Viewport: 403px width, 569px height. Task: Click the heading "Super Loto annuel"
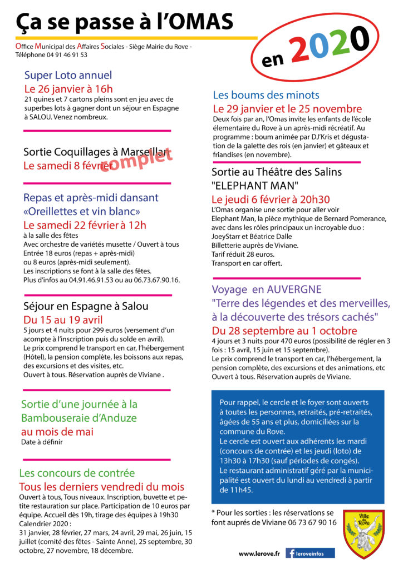pyautogui.click(x=68, y=76)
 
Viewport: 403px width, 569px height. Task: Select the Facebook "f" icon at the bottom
pyautogui.click(x=291, y=553)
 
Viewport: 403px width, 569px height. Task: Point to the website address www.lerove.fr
pyautogui.click(x=259, y=553)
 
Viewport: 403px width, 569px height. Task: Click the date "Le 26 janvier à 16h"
pyautogui.click(x=68, y=89)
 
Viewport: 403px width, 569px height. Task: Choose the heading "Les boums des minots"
pyautogui.click(x=266, y=95)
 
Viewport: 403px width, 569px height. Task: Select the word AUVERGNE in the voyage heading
pyautogui.click(x=295, y=290)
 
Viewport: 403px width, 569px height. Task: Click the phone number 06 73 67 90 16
pyautogui.click(x=309, y=522)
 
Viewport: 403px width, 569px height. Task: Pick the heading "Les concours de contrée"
pyautogui.click(x=77, y=473)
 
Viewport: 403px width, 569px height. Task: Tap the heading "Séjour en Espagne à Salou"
pyautogui.click(x=86, y=306)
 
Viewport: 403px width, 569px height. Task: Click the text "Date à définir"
pyautogui.click(x=42, y=442)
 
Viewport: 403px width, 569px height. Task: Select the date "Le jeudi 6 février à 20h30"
pyautogui.click(x=271, y=199)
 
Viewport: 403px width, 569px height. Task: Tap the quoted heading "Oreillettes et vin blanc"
pyautogui.click(x=82, y=211)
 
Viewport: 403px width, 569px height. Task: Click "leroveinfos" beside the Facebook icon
pyautogui.click(x=316, y=553)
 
